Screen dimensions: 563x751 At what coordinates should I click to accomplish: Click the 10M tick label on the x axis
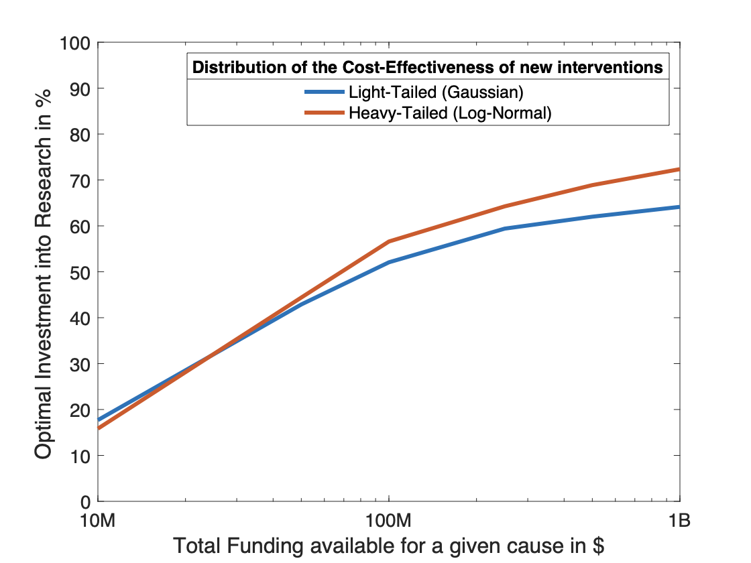[x=99, y=521]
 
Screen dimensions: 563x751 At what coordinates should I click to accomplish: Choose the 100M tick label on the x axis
[x=389, y=521]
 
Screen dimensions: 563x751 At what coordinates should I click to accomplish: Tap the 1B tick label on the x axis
[x=679, y=521]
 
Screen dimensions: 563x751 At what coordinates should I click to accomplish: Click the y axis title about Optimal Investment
[x=43, y=272]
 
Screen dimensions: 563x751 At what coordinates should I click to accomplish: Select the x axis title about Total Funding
[x=389, y=546]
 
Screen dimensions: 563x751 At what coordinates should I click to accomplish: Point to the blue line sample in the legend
[x=325, y=92]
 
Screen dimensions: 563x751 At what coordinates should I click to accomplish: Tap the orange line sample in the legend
[x=325, y=113]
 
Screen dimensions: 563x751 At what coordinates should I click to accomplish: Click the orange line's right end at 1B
[x=679, y=170]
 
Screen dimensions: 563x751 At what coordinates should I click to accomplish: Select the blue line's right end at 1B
[x=679, y=207]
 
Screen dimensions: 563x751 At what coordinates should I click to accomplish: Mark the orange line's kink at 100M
[x=389, y=241]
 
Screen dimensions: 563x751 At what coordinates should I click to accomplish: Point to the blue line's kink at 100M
[x=389, y=263]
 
